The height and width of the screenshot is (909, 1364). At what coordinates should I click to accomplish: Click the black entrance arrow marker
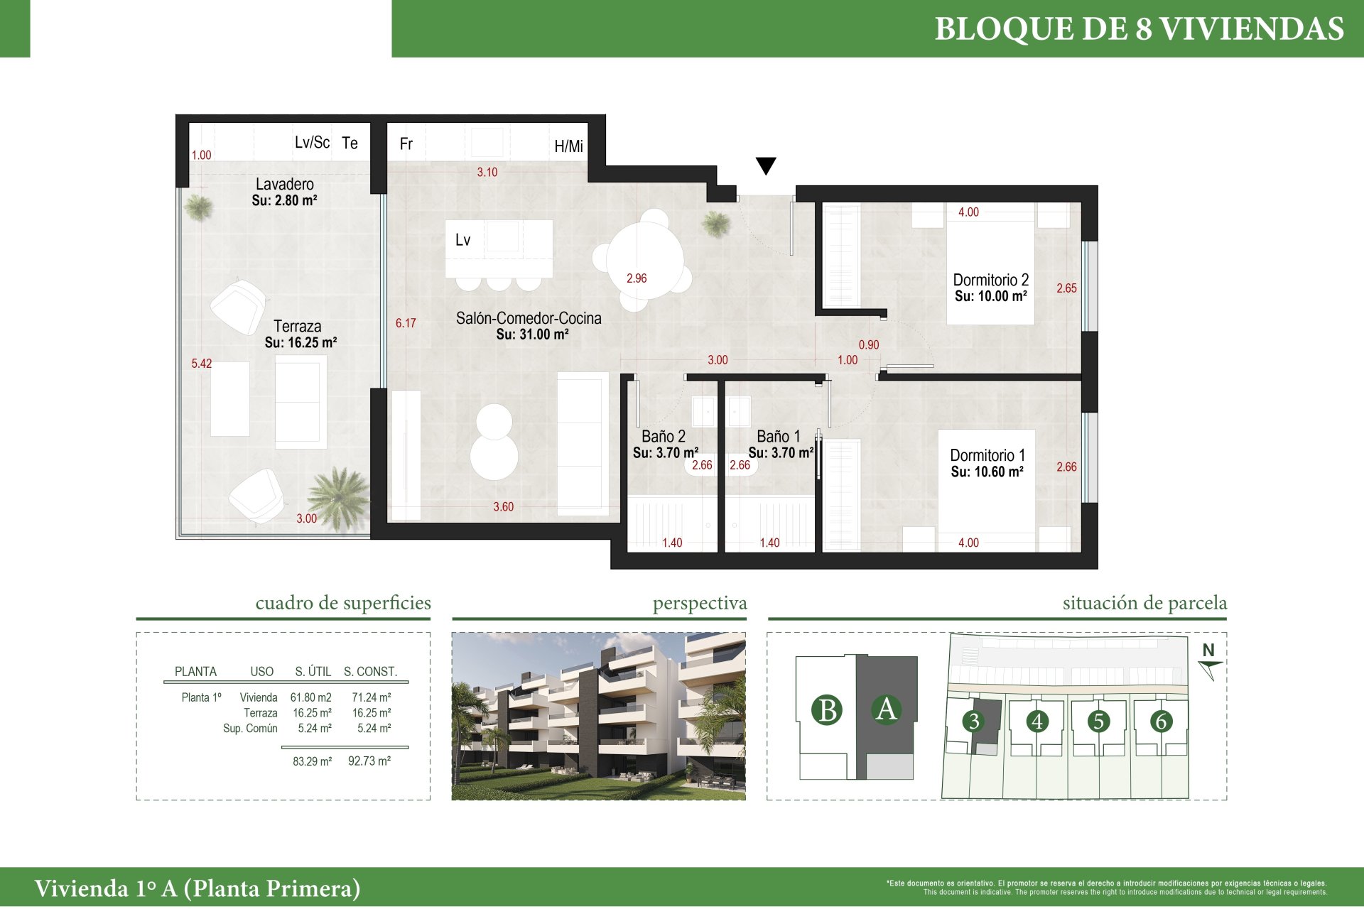(766, 165)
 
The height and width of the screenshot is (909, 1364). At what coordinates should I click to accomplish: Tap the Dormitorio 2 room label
(991, 280)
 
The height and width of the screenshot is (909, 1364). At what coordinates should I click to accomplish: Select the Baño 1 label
(779, 436)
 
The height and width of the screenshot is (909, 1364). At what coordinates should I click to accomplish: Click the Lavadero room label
(285, 184)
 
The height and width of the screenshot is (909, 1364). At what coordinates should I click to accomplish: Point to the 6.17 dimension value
(406, 323)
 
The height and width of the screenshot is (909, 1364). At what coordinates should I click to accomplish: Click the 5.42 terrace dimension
(202, 364)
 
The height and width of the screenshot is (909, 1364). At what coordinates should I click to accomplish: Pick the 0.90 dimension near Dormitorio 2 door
(869, 344)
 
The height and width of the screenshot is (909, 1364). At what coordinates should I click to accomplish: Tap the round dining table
(645, 260)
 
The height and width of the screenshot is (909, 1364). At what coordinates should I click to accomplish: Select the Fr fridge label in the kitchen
(406, 144)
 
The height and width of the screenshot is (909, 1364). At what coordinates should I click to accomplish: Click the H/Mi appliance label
(568, 146)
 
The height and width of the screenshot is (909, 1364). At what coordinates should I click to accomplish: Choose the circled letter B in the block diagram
(828, 710)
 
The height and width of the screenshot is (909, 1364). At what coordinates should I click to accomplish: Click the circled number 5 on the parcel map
(1098, 721)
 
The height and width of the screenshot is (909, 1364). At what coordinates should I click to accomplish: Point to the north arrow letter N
(1208, 650)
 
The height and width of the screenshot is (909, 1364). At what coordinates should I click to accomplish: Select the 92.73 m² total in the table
(369, 761)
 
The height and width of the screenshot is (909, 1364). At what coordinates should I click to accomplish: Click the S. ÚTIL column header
(313, 671)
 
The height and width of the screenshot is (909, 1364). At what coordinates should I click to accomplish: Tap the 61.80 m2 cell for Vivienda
(311, 697)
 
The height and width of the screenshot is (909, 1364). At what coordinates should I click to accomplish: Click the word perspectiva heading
(700, 604)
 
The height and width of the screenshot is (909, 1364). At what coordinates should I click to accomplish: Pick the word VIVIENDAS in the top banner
(1252, 29)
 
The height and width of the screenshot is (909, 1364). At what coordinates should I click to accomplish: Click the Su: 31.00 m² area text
(533, 334)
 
